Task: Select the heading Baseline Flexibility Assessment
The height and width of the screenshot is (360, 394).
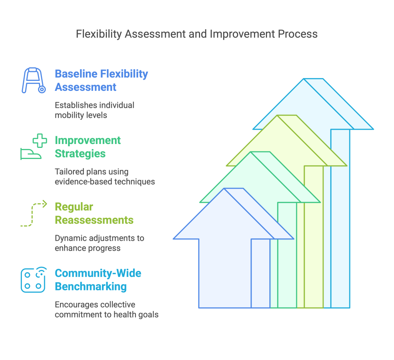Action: [101, 80]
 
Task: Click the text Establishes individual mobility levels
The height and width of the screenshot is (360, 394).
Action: [95, 110]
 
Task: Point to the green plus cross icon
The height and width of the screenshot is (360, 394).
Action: [40, 141]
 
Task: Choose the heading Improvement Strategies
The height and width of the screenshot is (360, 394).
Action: [88, 147]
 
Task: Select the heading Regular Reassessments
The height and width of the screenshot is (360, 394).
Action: [94, 213]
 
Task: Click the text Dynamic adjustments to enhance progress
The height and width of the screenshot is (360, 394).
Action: [100, 243]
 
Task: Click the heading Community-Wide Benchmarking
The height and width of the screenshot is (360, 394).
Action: [98, 280]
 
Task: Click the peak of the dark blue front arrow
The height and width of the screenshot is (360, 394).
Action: [224, 189]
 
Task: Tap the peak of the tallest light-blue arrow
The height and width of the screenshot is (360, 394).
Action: [304, 79]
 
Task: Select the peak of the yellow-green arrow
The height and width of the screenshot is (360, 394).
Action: [277, 116]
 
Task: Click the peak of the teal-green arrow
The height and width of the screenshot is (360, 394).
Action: [251, 152]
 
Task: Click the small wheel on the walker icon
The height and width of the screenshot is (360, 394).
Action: [42, 89]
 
